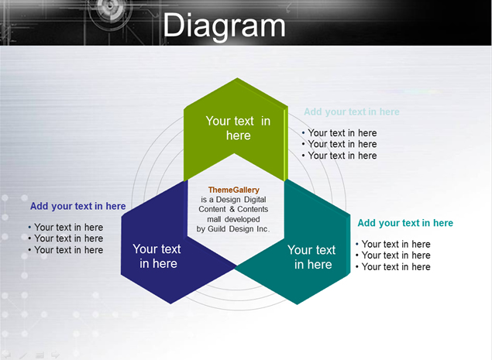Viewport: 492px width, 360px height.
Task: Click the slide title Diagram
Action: [224, 26]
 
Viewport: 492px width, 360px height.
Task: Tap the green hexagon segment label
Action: [238, 129]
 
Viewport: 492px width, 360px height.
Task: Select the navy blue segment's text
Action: [157, 256]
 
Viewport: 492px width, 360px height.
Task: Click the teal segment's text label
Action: [312, 257]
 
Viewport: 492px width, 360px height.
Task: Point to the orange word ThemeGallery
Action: [234, 190]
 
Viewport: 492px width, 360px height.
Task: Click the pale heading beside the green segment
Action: [352, 112]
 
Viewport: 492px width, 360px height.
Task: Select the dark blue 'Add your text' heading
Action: [77, 207]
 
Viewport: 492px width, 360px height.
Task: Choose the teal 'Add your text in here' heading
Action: [405, 223]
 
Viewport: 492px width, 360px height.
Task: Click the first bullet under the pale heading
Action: [339, 133]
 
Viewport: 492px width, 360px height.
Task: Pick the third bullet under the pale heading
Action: [339, 156]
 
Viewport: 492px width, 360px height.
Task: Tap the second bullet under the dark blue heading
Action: [66, 238]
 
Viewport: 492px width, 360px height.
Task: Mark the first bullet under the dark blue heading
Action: [66, 228]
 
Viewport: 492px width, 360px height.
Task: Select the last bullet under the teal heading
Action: [393, 267]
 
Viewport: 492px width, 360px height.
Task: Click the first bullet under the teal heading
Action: [393, 245]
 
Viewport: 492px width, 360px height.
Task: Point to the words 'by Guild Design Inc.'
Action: [233, 229]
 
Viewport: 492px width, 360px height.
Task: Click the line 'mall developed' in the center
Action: [233, 219]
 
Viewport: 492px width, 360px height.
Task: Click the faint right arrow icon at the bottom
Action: [55, 355]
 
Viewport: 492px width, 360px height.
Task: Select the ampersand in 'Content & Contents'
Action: [232, 209]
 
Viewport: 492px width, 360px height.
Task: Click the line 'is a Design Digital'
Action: [233, 200]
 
